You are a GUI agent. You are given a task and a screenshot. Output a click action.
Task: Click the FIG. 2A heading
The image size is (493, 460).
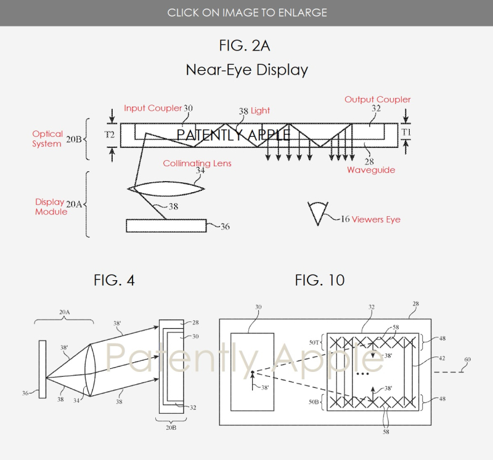click(x=245, y=46)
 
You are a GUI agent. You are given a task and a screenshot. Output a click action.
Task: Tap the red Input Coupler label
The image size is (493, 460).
click(x=152, y=108)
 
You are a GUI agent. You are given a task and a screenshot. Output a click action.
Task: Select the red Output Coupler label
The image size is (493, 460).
click(x=377, y=99)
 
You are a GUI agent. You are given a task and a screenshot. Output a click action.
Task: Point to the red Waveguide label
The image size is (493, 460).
click(x=370, y=169)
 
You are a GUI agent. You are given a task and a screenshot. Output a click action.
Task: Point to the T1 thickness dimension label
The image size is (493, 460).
click(x=406, y=132)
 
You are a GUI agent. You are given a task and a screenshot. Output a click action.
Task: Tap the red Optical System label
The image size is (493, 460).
click(x=47, y=139)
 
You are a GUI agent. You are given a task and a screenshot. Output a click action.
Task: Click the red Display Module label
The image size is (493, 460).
click(x=49, y=206)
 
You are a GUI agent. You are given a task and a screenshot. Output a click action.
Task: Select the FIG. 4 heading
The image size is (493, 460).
click(x=114, y=281)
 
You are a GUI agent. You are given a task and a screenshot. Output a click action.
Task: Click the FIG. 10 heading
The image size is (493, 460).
click(x=319, y=281)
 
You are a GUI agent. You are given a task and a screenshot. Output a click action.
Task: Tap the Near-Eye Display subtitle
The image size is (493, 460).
click(x=246, y=70)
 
